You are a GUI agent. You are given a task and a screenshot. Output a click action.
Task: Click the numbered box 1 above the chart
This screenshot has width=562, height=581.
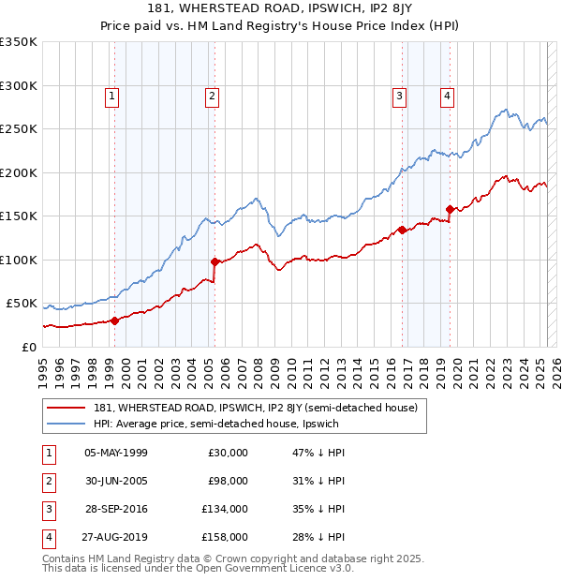pyautogui.click(x=111, y=95)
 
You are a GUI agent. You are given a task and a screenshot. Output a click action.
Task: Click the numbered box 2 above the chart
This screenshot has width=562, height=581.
pyautogui.click(x=213, y=95)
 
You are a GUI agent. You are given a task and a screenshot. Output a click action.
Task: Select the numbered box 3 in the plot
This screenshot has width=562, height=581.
pyautogui.click(x=399, y=95)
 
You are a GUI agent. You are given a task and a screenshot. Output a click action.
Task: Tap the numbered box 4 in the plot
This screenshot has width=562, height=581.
pyautogui.click(x=448, y=95)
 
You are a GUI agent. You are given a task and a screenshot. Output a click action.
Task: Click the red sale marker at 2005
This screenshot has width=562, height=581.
pyautogui.click(x=214, y=261)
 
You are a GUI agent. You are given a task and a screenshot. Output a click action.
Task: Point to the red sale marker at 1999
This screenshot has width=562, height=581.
pyautogui.click(x=114, y=320)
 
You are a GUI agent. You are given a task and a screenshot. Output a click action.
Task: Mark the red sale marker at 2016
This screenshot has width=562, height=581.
pyautogui.click(x=402, y=230)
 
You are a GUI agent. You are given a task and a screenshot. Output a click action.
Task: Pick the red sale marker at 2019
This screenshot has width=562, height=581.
pyautogui.click(x=450, y=209)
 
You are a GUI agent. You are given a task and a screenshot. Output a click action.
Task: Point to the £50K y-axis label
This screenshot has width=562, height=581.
pyautogui.click(x=22, y=304)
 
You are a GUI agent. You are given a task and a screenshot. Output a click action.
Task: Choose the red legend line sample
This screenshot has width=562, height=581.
pyautogui.click(x=65, y=408)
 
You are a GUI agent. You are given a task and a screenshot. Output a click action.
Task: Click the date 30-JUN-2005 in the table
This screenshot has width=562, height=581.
pyautogui.click(x=116, y=481)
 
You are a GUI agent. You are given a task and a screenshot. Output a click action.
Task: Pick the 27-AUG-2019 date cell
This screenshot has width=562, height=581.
pyautogui.click(x=116, y=537)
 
